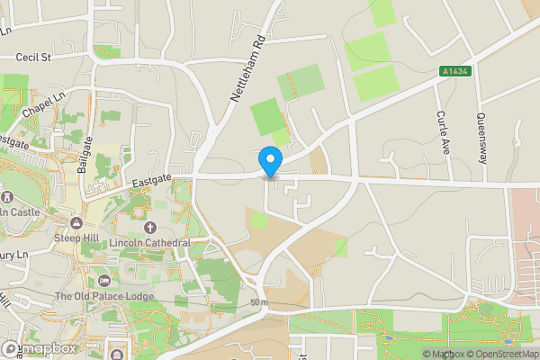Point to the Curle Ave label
click(x=442, y=130)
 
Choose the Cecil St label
click(x=36, y=57)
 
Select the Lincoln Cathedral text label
click(x=150, y=244)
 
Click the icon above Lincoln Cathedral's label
click(x=150, y=229)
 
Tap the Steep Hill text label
click(x=77, y=238)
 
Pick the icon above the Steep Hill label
click(x=77, y=222)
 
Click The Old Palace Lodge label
click(x=103, y=296)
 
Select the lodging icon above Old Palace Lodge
click(x=103, y=280)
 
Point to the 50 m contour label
click(x=259, y=302)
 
